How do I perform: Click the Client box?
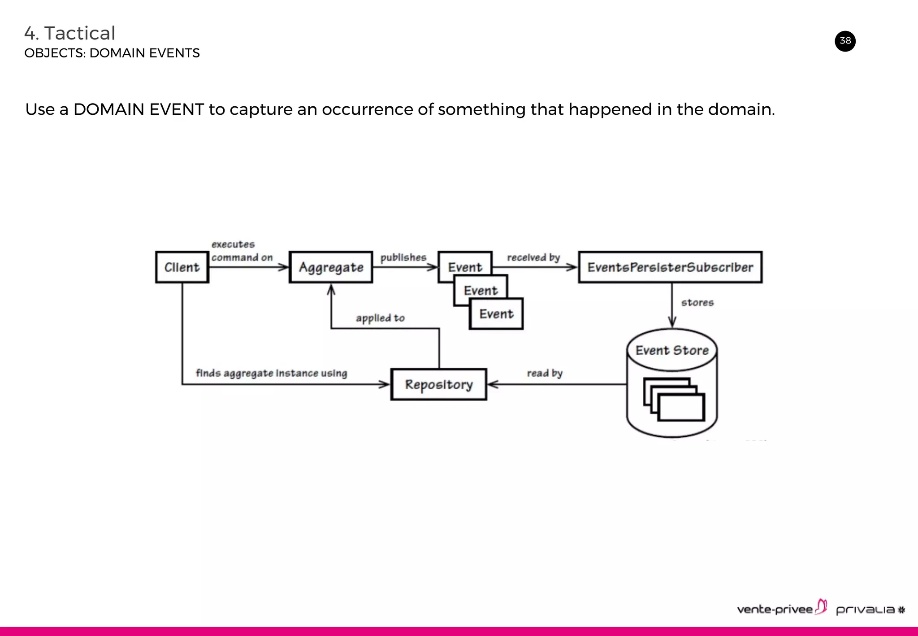pos(182,267)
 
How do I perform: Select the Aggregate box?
pos(331,267)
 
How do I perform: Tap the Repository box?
pos(438,384)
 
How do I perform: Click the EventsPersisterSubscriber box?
pos(670,267)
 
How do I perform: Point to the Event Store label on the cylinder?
pos(672,350)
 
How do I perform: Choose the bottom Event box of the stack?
pos(496,314)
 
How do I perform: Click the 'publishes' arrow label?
pos(403,257)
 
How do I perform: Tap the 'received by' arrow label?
pos(533,257)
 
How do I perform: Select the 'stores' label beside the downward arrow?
pos(697,303)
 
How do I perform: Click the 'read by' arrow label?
pos(544,373)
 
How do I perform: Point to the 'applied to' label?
pos(380,318)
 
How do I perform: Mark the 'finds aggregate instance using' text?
pos(271,373)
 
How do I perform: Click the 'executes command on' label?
pos(242,251)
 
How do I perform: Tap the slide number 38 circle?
pos(845,41)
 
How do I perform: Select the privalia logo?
pos(870,610)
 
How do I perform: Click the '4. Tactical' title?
pos(70,33)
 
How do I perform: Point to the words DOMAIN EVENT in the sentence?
pos(139,109)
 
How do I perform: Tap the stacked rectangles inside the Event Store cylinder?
pos(674,400)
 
